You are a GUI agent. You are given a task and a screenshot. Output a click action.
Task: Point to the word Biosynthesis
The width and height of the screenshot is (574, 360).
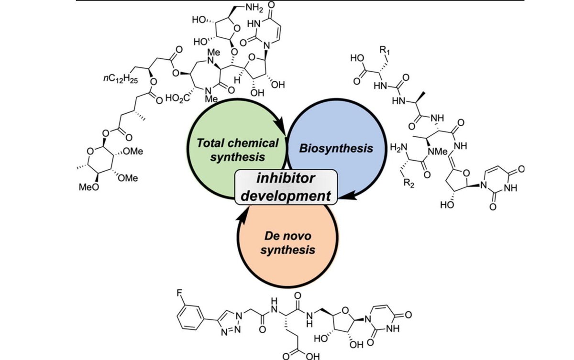(336, 148)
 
